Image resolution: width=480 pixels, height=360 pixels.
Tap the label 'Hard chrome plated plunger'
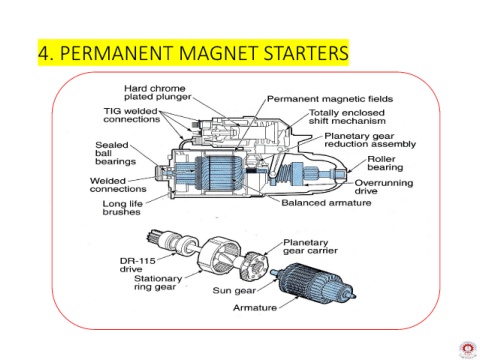coord(158,93)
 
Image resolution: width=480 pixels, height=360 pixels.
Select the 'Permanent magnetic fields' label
coord(330,99)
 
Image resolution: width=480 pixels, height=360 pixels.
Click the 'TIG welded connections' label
coord(132,115)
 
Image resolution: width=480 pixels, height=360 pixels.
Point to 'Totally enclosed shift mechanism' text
coord(347,117)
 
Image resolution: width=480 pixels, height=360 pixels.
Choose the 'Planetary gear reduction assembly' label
coord(370,140)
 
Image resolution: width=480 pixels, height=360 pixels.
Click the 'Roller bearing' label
coord(385,163)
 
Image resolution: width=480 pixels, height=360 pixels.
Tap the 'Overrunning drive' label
coord(384,187)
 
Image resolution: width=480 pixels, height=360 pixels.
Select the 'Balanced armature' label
coord(326,203)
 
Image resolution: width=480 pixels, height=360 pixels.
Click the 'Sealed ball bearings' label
coord(116,153)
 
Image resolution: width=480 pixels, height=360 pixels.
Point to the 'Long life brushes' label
coord(122,208)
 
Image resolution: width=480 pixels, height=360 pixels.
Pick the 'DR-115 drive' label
coord(137,265)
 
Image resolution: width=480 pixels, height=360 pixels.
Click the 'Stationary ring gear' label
coord(158,282)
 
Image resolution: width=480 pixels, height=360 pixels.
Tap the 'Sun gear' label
coord(234,291)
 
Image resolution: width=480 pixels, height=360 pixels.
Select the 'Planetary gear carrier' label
coord(310,247)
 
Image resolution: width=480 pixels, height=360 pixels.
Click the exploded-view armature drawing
coord(313,283)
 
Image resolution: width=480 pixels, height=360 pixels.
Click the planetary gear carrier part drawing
coord(254,266)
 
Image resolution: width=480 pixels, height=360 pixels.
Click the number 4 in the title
coord(43,53)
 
